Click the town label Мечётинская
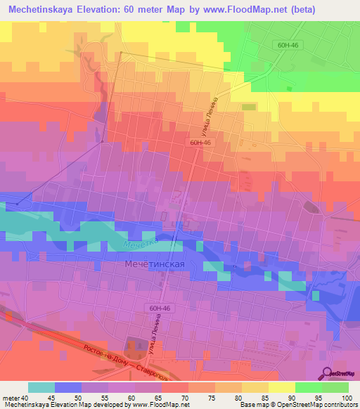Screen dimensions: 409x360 tap(153, 264)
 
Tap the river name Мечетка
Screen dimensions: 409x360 tap(137, 245)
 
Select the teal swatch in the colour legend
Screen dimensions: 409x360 tap(41, 387)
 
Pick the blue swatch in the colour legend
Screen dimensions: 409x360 tap(67, 387)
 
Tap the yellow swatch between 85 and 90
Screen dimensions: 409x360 tap(281, 387)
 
